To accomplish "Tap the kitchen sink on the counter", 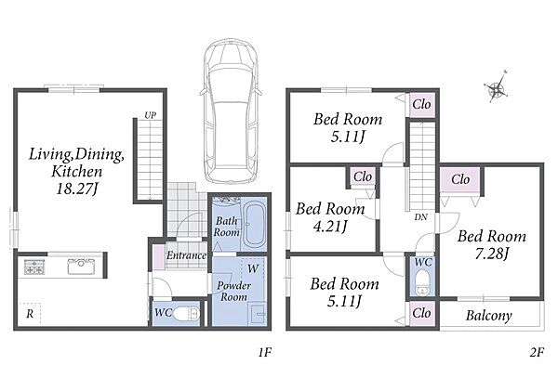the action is point(82,267).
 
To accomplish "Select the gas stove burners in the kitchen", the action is point(34,267).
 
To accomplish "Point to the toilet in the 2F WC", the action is point(422,282).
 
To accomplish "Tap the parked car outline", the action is point(231,110).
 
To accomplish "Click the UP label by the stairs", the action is point(150,115).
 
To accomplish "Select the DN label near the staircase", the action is point(420,216).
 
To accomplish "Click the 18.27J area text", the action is point(77,188).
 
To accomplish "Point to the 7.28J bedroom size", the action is point(492,254).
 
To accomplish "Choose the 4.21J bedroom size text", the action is point(330,227).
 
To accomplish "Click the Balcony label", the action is point(489,315).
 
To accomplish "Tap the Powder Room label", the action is point(233,291).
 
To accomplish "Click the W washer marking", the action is point(253,268).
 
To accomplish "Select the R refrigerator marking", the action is point(30,314).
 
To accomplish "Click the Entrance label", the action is point(187,255).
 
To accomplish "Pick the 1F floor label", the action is point(264,353).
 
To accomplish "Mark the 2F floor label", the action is point(537,353).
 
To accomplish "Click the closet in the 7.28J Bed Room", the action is point(460,179).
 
